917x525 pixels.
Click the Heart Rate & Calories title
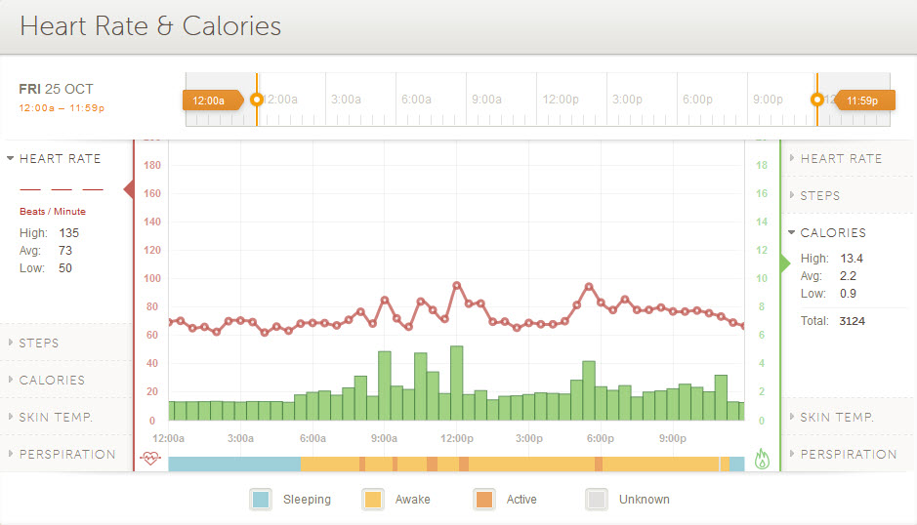[x=150, y=26]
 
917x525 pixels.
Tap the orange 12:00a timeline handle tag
[x=210, y=100]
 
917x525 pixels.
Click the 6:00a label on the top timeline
[x=416, y=100]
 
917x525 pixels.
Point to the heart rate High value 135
[x=68, y=233]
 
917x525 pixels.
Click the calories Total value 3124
[x=851, y=321]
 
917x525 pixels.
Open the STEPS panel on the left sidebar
[x=39, y=343]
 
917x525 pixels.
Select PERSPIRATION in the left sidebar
[x=67, y=455]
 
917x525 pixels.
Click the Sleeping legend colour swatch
[x=261, y=500]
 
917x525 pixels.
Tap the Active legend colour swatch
[x=484, y=500]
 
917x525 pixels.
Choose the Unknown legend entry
[x=644, y=500]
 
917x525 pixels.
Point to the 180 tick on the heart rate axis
[x=151, y=166]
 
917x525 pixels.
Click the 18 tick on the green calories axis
[x=762, y=166]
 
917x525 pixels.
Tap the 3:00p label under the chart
[x=529, y=439]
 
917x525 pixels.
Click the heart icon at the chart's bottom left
[x=149, y=459]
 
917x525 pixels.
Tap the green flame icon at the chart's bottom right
[x=763, y=459]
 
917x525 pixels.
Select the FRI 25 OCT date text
[x=57, y=89]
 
